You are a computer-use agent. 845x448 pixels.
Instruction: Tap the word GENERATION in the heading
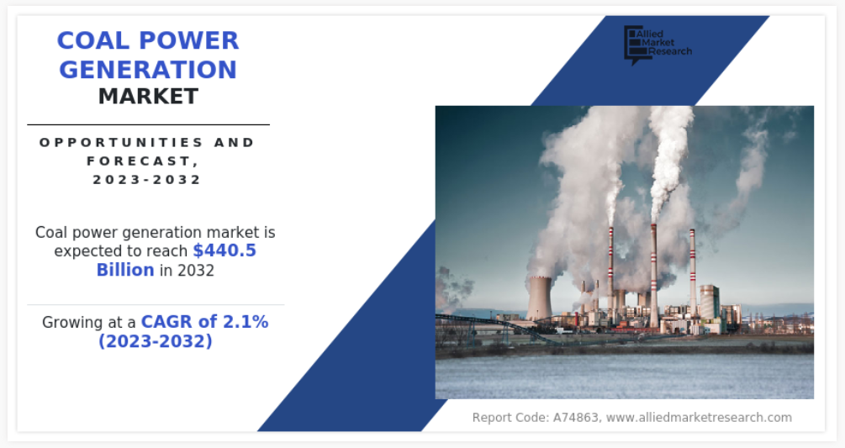tap(148, 70)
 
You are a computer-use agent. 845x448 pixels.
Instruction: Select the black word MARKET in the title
tap(148, 97)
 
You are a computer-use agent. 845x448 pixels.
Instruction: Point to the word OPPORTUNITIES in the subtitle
tap(121, 143)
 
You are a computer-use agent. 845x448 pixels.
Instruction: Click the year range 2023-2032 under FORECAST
tap(147, 179)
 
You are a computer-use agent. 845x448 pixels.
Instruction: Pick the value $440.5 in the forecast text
tap(224, 250)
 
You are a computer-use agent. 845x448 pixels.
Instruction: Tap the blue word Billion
tap(125, 270)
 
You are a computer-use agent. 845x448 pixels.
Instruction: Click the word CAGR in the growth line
tap(166, 322)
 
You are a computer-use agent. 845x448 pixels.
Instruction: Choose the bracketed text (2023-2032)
tap(156, 341)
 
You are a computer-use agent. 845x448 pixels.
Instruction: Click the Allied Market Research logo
tap(658, 45)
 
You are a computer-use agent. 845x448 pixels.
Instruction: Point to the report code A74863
tap(577, 417)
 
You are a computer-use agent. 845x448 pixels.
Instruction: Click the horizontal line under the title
tap(148, 124)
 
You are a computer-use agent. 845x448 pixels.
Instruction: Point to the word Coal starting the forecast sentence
tap(51, 233)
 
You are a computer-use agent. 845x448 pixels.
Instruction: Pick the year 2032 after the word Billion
tap(196, 271)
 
